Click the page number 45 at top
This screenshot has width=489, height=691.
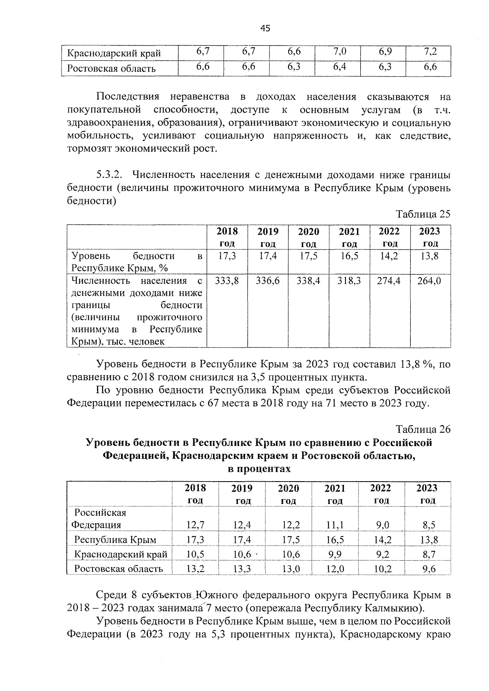tap(265, 28)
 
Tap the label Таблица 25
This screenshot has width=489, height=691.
tap(423, 214)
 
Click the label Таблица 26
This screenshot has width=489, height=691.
tap(423, 429)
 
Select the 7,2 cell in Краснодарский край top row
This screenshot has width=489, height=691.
tap(430, 52)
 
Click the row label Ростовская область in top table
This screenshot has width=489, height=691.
tap(111, 68)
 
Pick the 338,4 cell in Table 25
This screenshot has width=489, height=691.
tap(308, 281)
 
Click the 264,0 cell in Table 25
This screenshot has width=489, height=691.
tap(429, 281)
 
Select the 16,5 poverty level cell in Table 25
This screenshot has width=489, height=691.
tap(349, 256)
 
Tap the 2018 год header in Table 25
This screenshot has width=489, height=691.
tap(227, 237)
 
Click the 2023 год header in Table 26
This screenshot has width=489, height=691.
tap(427, 494)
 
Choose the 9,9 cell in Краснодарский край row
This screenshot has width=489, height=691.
tap(335, 554)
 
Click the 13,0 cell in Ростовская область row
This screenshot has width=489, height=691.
tap(291, 569)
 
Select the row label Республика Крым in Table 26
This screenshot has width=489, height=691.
tap(115, 540)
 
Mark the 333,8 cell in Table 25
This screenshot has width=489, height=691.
tap(227, 281)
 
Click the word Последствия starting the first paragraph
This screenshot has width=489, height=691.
tap(128, 97)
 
